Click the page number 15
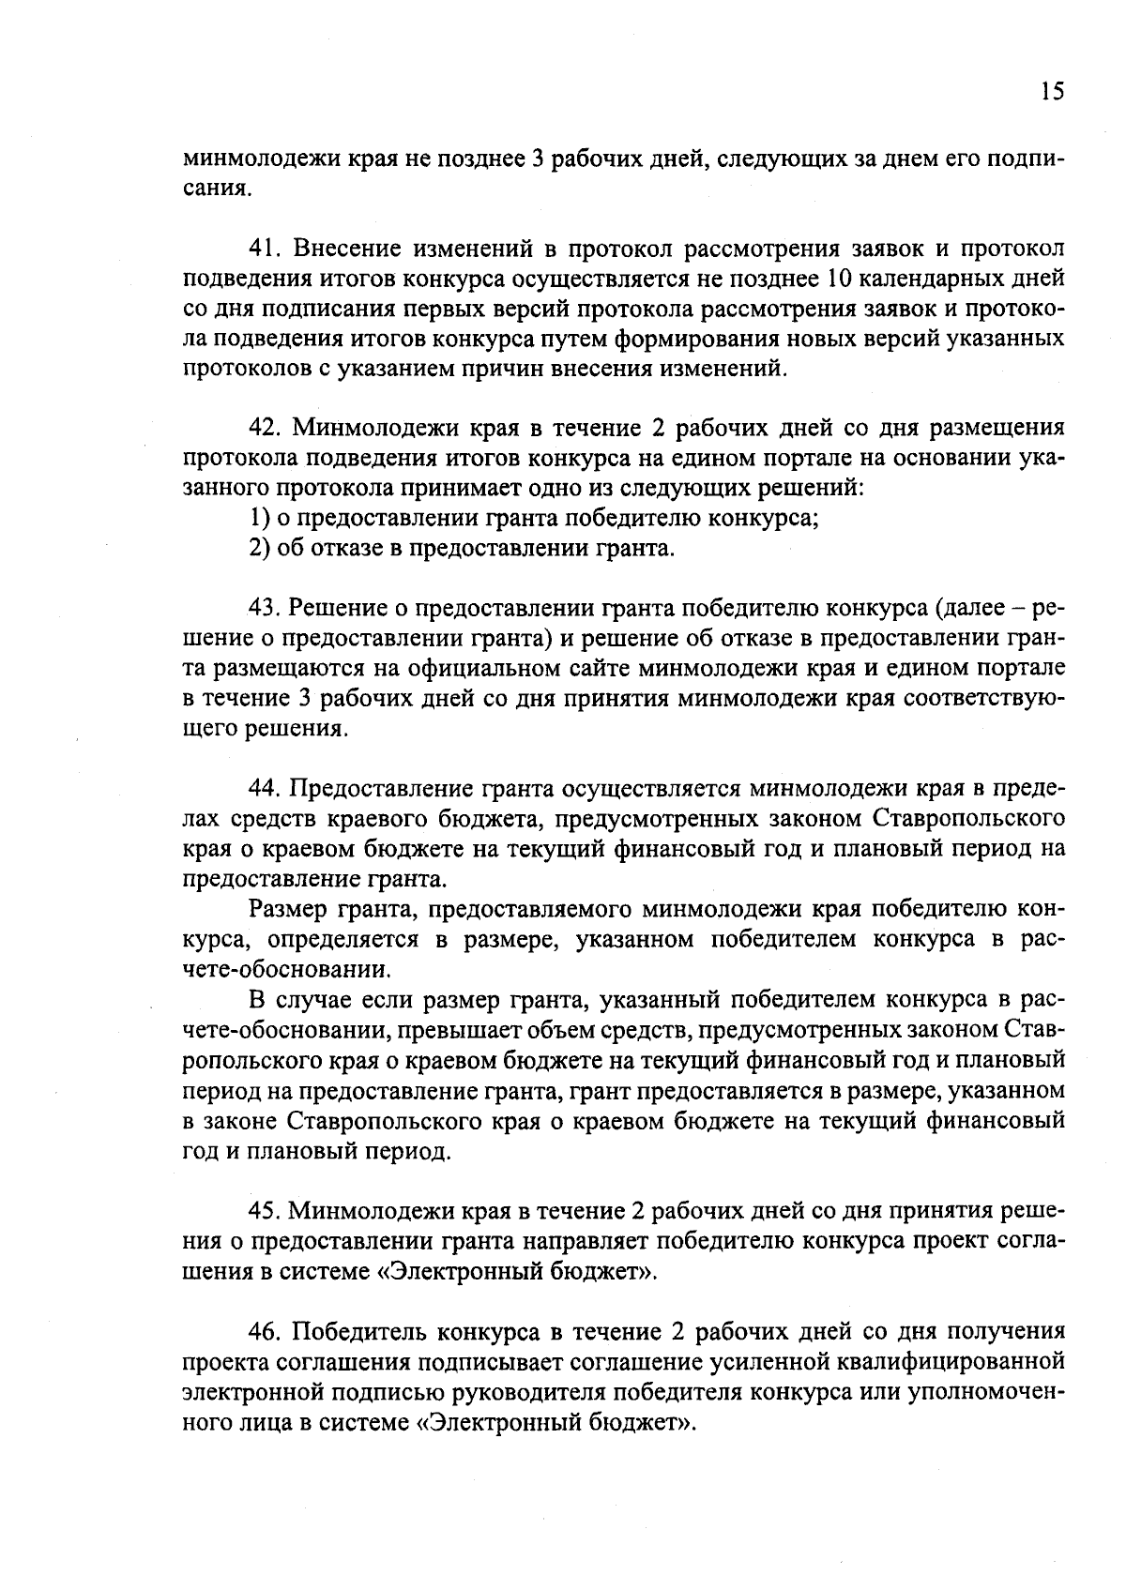[1052, 92]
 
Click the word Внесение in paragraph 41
[347, 249]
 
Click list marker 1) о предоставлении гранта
[258, 518]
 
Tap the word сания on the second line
[216, 189]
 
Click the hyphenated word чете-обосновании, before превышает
[284, 1030]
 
